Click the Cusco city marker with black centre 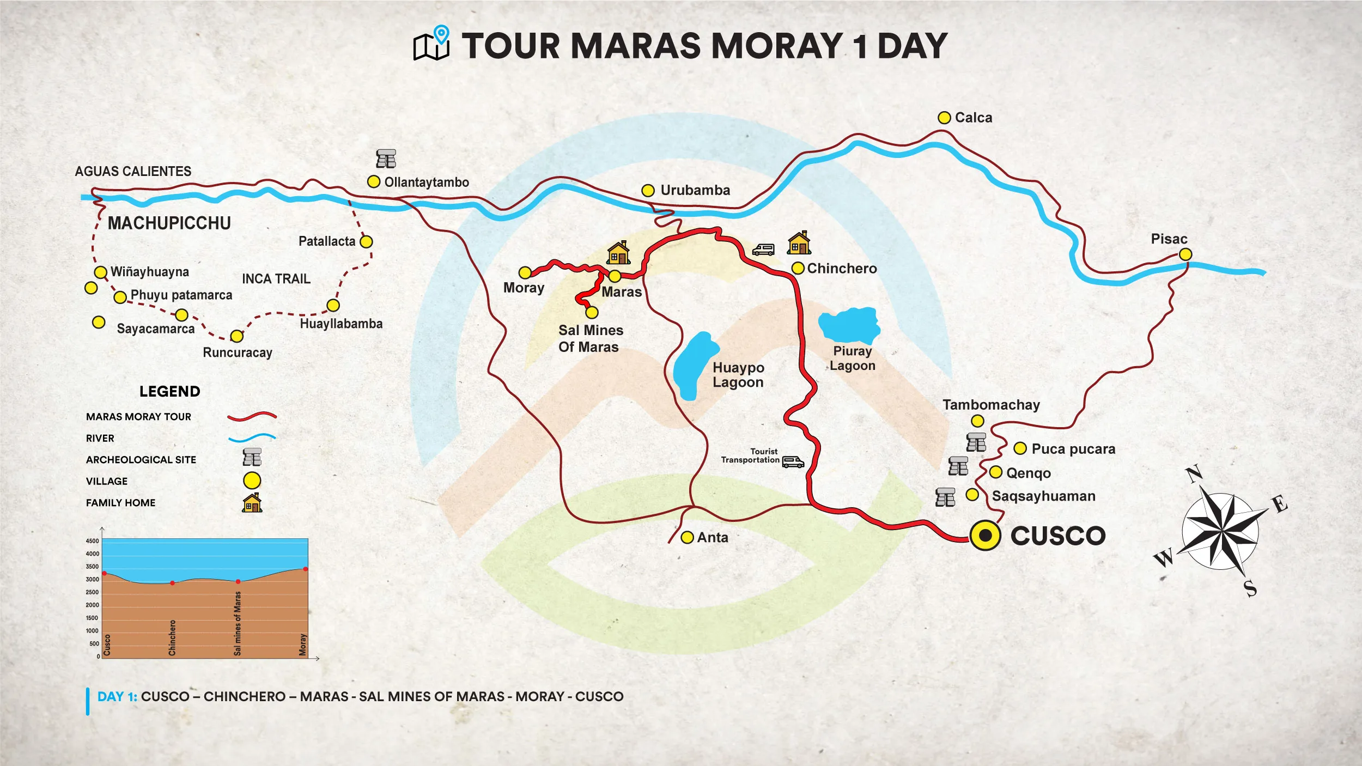[x=985, y=536]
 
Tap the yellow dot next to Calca [x=944, y=118]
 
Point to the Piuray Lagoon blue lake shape [x=849, y=325]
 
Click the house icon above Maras [x=618, y=253]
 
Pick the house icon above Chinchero [x=799, y=243]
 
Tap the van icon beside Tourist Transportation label [x=793, y=462]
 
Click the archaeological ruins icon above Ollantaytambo [x=386, y=159]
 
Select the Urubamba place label [x=695, y=190]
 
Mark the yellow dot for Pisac [x=1185, y=254]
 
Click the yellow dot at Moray [x=525, y=272]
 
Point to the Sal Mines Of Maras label [x=590, y=338]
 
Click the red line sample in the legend [x=252, y=417]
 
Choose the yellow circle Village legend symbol [x=252, y=481]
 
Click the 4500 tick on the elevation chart [x=92, y=541]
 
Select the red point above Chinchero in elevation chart [x=173, y=583]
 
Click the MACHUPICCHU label [x=169, y=223]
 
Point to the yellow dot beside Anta [x=687, y=538]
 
